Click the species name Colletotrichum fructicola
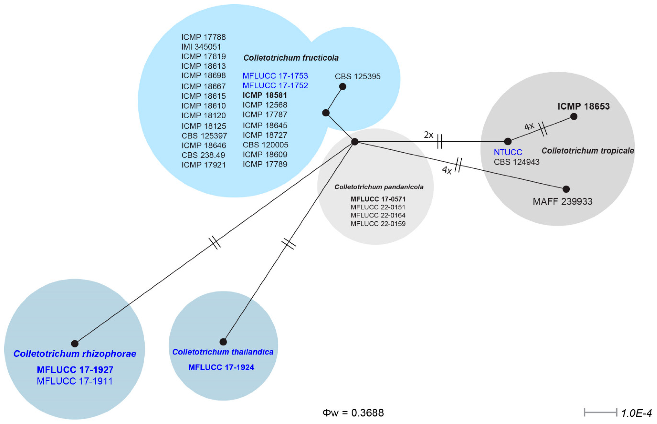click(291, 58)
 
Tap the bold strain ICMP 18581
click(265, 95)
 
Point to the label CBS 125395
click(358, 77)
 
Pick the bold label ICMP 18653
click(583, 106)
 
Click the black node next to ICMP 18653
click(574, 116)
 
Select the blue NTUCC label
click(508, 152)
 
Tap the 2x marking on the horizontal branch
click(428, 135)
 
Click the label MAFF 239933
click(562, 201)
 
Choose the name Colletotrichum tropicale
click(588, 151)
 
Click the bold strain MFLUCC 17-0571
click(378, 199)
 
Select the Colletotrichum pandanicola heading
click(379, 187)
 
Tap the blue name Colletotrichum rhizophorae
click(75, 354)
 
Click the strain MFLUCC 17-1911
click(75, 381)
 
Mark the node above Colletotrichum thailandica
click(223, 342)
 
